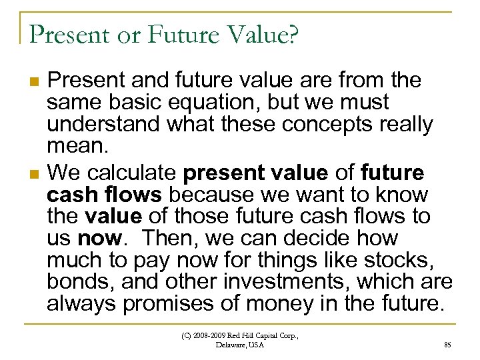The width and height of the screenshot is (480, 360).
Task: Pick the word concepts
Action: coord(314,125)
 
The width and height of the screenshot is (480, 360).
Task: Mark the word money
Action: coord(278,303)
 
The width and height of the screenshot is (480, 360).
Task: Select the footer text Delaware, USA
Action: coord(240,345)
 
